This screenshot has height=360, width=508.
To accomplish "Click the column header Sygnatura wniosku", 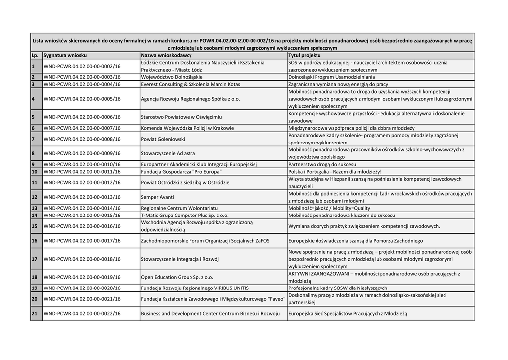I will click(65, 55).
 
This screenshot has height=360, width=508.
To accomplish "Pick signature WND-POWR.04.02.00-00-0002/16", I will click(82, 66).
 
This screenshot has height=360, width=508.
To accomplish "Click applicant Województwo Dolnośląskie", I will click(172, 77).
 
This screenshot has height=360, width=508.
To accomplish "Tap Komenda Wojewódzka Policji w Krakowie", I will click(187, 128).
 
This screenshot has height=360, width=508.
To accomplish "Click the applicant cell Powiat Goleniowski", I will click(163, 139).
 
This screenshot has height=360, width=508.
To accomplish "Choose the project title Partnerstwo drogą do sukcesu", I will click(322, 164).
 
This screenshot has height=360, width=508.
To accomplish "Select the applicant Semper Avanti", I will click(157, 197).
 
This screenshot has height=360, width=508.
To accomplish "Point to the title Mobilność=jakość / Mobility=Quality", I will click(329, 208).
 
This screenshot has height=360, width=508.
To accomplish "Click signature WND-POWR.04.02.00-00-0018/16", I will click(82, 259).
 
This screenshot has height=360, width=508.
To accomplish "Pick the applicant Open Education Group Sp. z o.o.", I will click(177, 277).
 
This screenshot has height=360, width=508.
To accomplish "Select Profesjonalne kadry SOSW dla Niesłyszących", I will click(338, 288).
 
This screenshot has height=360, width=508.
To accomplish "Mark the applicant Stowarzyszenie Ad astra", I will click(168, 153).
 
